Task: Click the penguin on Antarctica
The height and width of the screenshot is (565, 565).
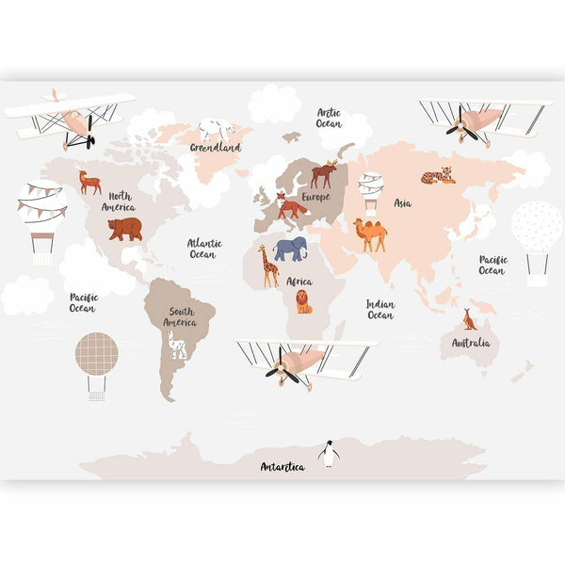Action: [328, 453]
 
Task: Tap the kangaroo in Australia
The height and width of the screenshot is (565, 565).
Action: [469, 319]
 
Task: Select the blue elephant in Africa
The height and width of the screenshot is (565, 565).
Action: [291, 249]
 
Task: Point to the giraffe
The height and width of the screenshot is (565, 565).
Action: [268, 266]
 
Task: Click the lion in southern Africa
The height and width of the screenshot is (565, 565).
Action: [303, 301]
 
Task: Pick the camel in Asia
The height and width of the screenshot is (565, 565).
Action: [370, 234]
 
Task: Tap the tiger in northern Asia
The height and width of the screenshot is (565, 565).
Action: [438, 175]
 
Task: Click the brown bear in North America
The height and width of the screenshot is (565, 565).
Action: [124, 228]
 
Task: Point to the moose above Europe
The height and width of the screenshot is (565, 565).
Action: [324, 173]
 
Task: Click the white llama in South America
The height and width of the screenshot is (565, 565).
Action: [177, 344]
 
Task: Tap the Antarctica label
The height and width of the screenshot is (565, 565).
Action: [282, 467]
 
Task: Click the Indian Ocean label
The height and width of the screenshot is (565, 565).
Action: [380, 310]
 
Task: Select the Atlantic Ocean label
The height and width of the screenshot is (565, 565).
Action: [203, 248]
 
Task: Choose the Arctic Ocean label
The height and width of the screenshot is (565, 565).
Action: [329, 118]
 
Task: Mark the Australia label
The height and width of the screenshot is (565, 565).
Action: [471, 344]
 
